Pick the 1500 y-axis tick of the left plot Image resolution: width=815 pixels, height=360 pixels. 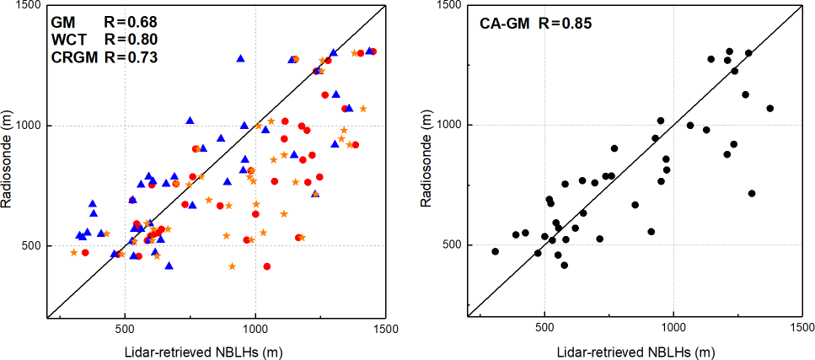tap(31, 6)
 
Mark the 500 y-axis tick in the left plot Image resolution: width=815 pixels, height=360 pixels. tap(35, 246)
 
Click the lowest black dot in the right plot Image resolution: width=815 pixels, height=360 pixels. tap(564, 266)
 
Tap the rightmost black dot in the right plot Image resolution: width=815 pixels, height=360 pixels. tap(769, 109)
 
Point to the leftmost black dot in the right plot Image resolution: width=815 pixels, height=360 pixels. tap(495, 251)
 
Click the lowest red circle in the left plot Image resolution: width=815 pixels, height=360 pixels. tap(267, 266)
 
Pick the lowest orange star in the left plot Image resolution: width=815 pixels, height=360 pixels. tap(233, 266)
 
